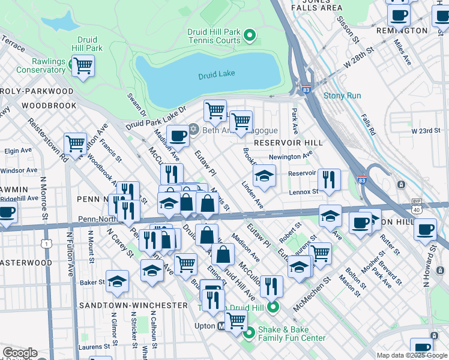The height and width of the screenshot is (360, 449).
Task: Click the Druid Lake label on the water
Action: point(216,74)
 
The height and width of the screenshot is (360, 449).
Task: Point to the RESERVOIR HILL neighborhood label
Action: point(288,143)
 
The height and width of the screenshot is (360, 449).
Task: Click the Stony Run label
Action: point(342,95)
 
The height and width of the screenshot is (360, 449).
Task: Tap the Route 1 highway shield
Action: point(46,243)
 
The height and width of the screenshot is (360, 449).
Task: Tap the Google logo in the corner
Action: point(20,353)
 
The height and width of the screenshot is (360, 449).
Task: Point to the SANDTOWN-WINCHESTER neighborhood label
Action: point(134,305)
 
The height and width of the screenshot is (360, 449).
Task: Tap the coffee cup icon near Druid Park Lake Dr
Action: point(178,137)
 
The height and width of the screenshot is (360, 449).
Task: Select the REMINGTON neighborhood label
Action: point(401,30)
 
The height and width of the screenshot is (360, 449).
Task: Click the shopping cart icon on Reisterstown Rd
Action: point(75,144)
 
